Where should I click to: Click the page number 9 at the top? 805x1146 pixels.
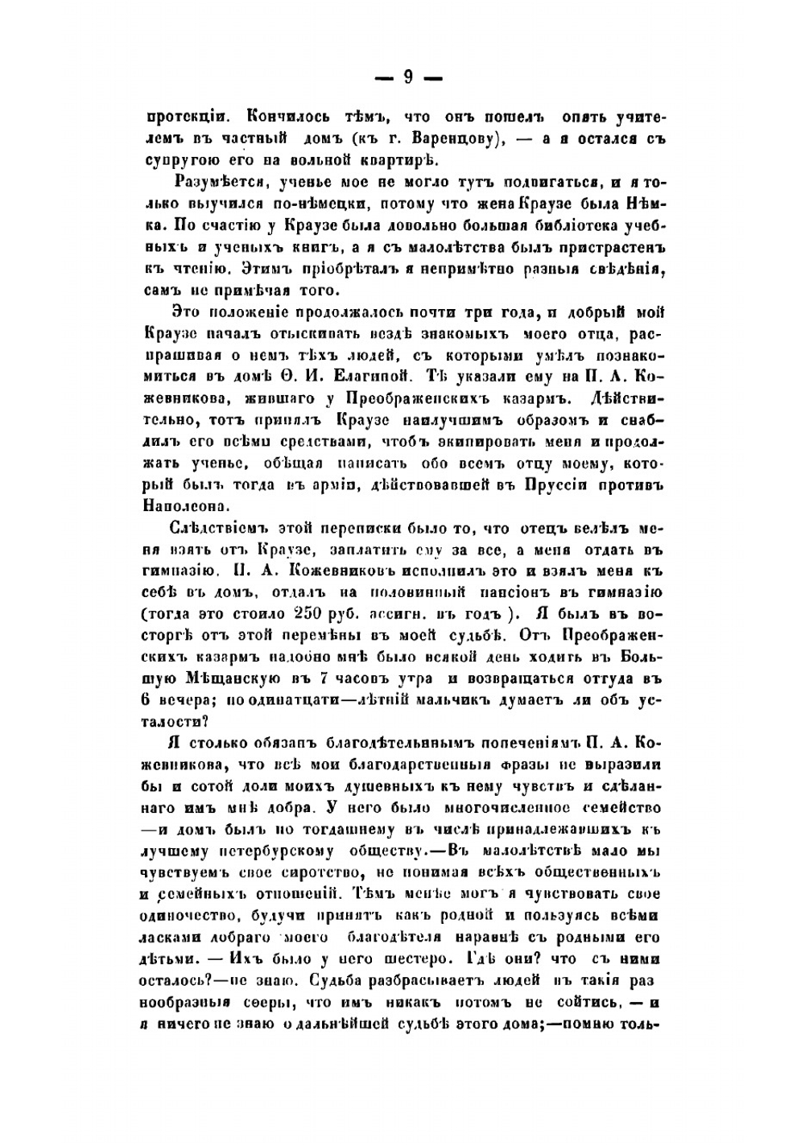(407, 77)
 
